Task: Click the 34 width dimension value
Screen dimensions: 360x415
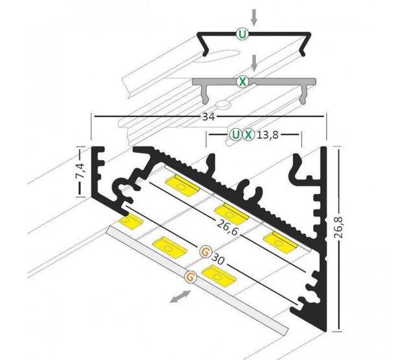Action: [209, 117]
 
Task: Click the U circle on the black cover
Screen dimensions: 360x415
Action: [241, 35]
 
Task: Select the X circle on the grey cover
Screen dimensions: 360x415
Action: [241, 82]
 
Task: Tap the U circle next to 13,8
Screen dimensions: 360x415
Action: [235, 135]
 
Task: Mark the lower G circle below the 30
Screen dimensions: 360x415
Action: [190, 277]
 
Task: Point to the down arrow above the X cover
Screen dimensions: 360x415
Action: [255, 63]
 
